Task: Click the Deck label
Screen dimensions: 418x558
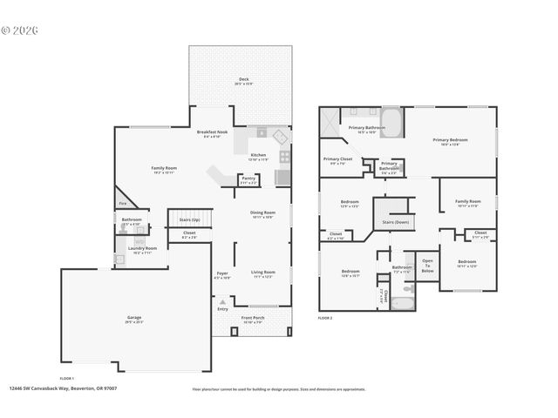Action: pos(243,80)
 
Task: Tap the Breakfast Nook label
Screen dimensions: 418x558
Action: pos(213,132)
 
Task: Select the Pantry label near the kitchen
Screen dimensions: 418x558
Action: pos(248,179)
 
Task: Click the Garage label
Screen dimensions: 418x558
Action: pos(133,317)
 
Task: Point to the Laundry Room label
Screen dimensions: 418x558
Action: pos(142,248)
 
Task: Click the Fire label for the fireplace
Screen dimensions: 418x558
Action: pos(122,205)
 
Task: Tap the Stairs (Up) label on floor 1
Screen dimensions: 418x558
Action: pos(189,220)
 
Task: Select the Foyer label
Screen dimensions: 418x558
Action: pos(222,274)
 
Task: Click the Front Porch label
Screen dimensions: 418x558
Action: pos(253,318)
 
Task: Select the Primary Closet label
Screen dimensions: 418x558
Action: pos(337,159)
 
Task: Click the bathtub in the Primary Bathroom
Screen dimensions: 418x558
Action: pos(390,122)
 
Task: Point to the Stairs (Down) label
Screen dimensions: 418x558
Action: pos(395,222)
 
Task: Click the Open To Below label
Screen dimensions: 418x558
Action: pos(427,266)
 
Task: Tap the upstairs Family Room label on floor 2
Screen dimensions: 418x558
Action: pos(467,202)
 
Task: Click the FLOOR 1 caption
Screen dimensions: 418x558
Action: pos(66,378)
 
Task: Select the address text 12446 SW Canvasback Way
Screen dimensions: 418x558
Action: pos(63,388)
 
